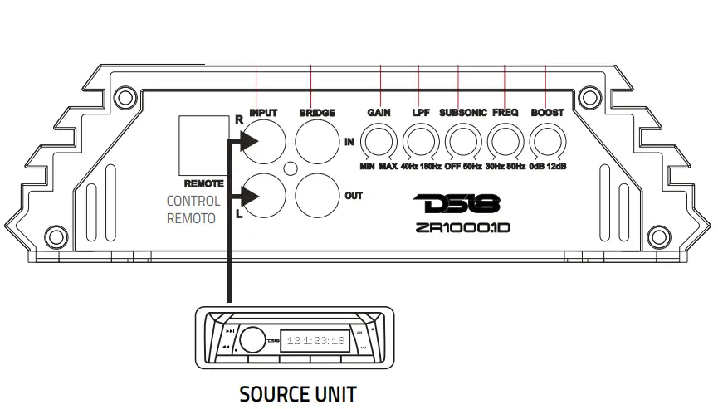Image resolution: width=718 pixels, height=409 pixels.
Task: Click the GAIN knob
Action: [381, 140]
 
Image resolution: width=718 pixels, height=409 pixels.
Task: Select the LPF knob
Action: [421, 140]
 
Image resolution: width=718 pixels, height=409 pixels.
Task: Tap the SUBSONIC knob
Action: [462, 140]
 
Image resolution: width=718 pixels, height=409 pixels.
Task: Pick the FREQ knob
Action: [505, 140]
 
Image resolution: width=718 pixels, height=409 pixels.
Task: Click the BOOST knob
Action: [547, 140]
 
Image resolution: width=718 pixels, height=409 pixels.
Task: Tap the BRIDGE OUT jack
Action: [317, 197]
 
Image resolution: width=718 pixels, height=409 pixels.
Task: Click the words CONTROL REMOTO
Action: [193, 210]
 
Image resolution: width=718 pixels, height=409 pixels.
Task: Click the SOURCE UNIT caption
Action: [298, 392]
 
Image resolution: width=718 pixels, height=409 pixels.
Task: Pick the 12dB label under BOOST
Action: [559, 168]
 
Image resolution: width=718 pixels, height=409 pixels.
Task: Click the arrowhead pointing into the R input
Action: [249, 144]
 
